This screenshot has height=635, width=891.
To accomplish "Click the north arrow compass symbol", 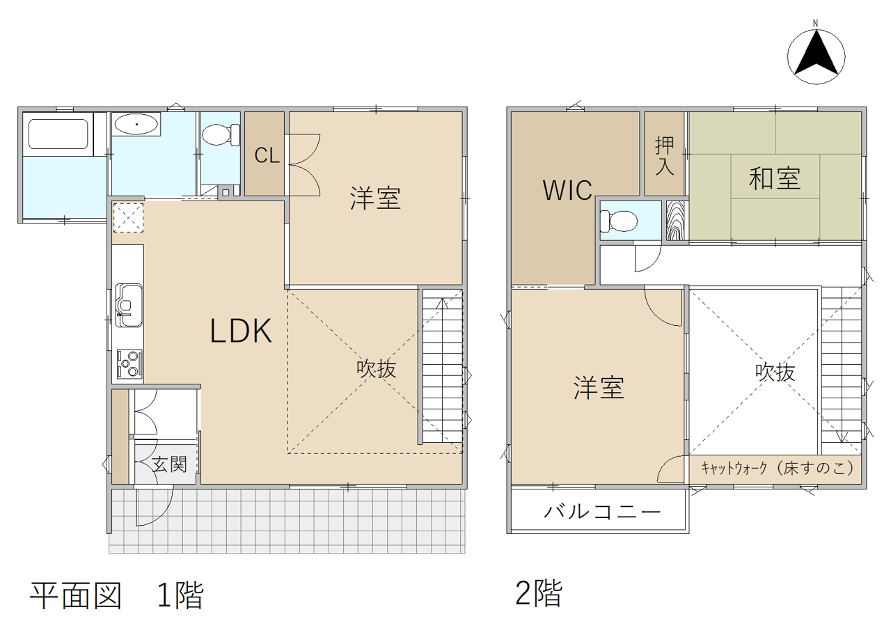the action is [x=816, y=56].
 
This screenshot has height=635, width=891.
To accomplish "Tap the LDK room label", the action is [x=241, y=331].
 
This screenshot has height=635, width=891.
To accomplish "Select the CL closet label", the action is [x=267, y=155].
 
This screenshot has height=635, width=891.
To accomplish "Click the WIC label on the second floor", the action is [x=567, y=190].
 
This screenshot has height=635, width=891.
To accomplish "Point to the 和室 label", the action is [x=775, y=179].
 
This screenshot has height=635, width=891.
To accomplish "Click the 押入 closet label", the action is [x=665, y=156].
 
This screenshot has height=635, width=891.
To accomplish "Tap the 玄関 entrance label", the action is [x=169, y=464].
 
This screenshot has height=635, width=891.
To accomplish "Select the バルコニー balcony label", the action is [x=602, y=512].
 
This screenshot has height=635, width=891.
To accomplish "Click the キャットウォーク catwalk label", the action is [x=778, y=469].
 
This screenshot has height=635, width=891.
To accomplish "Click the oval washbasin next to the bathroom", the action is [x=136, y=125].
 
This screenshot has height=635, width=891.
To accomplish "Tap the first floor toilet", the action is [x=221, y=134].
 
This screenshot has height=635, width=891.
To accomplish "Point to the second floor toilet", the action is [x=619, y=221].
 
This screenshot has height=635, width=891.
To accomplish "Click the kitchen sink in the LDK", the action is [x=129, y=305].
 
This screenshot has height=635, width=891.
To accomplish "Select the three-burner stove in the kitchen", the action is [x=129, y=364].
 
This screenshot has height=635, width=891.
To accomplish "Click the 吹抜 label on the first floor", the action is [x=377, y=369].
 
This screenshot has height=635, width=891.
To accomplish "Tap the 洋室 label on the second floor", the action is [x=599, y=388].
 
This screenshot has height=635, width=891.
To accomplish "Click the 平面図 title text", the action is [x=76, y=595].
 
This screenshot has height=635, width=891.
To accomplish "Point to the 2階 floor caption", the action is [x=539, y=593].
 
